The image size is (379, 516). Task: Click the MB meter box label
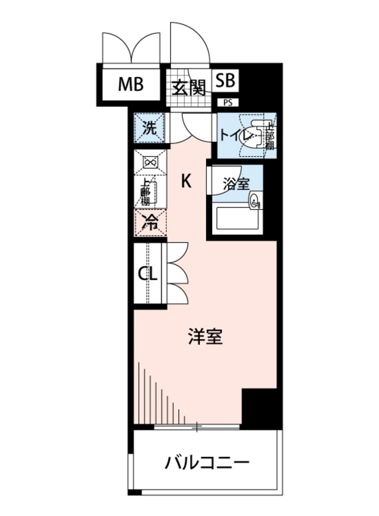pyautogui.click(x=131, y=85)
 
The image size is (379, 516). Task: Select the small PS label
pyautogui.click(x=228, y=103)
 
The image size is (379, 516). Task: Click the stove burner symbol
pyautogui.click(x=151, y=163)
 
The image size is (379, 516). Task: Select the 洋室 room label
pyautogui.click(x=206, y=337)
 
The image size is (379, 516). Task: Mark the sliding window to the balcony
pyautogui.click(x=197, y=427)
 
